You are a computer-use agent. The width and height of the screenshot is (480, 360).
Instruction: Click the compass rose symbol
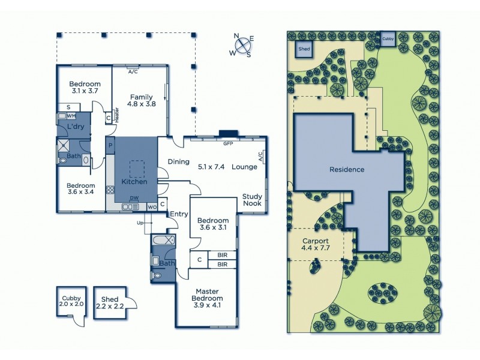(243, 45)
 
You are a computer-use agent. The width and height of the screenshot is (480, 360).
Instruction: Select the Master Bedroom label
(208, 295)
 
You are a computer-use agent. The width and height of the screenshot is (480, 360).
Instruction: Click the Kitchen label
(134, 181)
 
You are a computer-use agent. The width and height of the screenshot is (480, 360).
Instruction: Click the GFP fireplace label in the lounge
(227, 144)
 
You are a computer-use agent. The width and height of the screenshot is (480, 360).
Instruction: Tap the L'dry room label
(75, 127)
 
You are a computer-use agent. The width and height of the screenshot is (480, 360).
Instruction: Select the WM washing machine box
(71, 115)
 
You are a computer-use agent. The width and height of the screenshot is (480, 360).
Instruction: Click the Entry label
(178, 214)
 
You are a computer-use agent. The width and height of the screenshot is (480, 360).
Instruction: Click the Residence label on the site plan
(347, 169)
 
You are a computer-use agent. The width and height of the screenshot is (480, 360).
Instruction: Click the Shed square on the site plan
(303, 49)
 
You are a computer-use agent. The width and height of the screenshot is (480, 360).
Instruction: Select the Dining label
(179, 161)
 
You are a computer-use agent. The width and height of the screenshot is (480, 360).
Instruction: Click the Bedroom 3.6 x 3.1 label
(213, 224)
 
